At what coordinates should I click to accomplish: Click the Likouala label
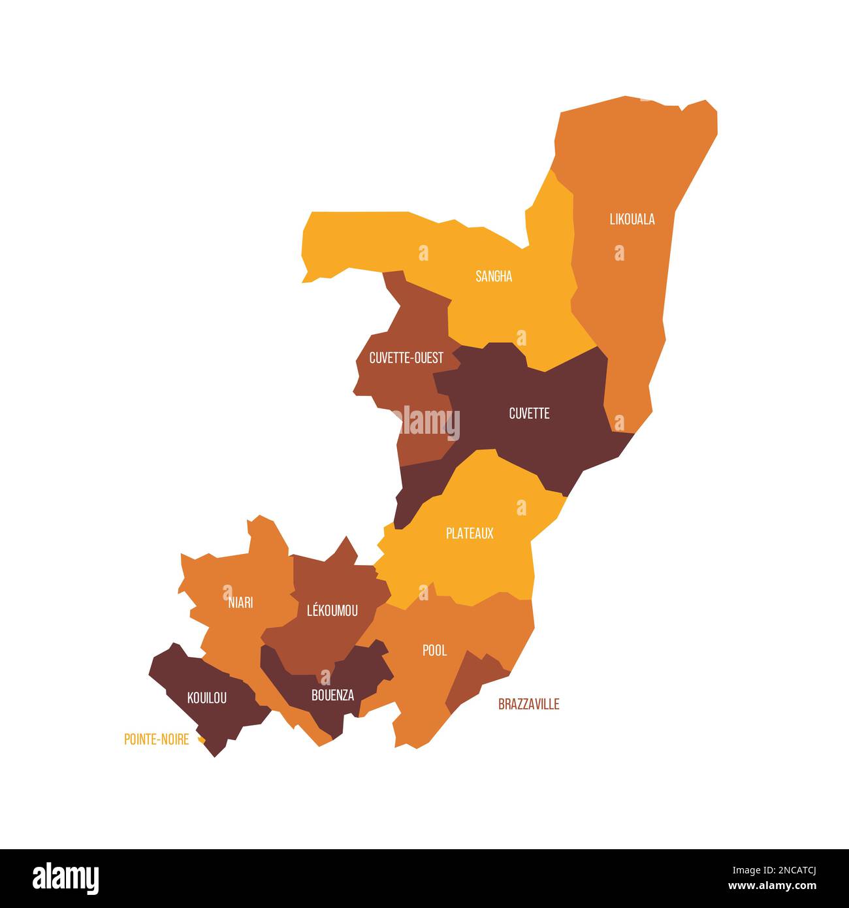[x=632, y=219]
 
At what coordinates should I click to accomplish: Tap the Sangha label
[x=494, y=276]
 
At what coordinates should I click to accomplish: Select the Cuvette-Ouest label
[x=406, y=358]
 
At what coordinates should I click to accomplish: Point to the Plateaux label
[x=470, y=533]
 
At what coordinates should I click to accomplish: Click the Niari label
[x=240, y=602]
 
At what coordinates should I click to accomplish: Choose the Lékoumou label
[x=332, y=611]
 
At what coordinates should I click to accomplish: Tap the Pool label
[x=434, y=650]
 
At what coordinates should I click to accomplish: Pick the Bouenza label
[x=332, y=695]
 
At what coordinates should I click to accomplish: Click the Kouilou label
[x=207, y=698]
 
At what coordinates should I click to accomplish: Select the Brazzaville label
[x=528, y=704]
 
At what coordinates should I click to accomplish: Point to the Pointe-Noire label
[x=157, y=739]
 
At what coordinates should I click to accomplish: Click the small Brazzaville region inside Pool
[x=474, y=679]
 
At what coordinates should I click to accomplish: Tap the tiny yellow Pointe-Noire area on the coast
[x=202, y=740]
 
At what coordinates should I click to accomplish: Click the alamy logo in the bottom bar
[x=65, y=879]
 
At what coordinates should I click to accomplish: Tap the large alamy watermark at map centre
[x=424, y=421]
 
